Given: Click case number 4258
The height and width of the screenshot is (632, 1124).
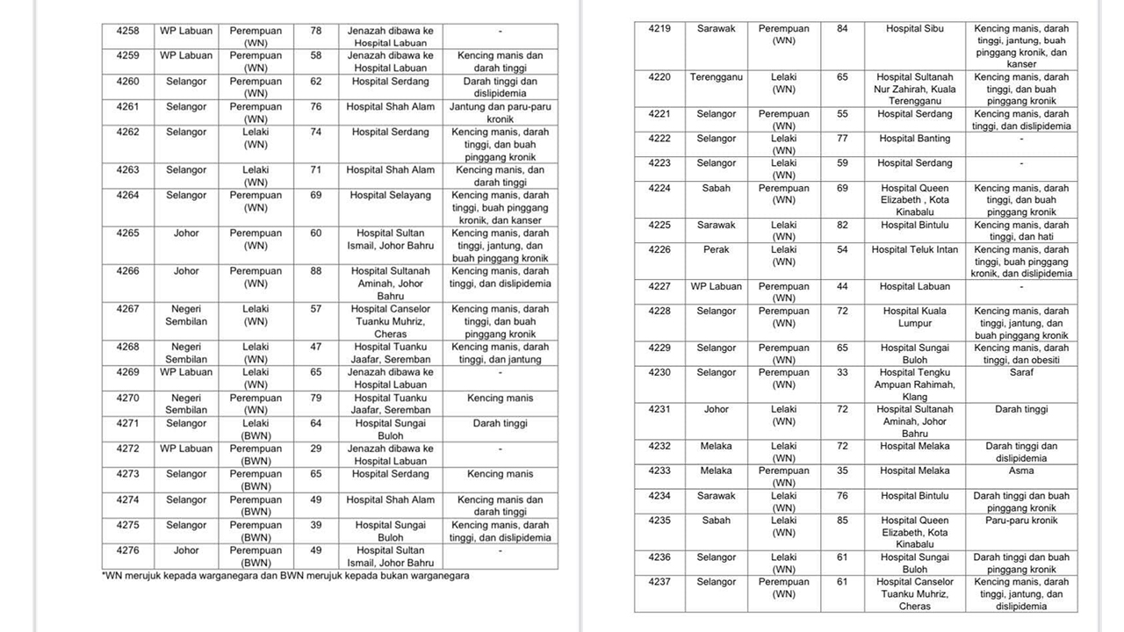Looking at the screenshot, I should point(127,31).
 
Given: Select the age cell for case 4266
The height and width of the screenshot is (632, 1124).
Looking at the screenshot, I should point(316,271).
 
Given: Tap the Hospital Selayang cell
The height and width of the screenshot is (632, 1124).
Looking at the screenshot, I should point(391,195).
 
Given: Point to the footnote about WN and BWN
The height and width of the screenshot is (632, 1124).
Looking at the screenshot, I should point(285,576).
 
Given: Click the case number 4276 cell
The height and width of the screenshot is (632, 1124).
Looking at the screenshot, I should point(127,550).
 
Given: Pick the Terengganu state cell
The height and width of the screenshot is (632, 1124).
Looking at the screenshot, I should point(716,77).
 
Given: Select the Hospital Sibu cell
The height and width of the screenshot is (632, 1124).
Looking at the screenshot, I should point(915,29).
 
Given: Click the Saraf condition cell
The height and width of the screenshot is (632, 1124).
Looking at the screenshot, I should point(1021,372).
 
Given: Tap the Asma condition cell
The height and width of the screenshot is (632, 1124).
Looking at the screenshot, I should point(1021,470).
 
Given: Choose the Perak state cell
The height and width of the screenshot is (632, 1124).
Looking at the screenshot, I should point(716,249).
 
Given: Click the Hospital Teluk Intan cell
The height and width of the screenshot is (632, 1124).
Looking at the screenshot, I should point(915,249).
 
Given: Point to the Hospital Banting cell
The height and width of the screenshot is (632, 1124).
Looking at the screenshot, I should point(915,139).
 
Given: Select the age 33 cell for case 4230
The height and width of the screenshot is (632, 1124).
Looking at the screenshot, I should point(842,372).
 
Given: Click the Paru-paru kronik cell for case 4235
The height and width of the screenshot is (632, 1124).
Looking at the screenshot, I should point(1021,521).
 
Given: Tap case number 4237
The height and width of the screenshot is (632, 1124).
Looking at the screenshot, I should point(659,582).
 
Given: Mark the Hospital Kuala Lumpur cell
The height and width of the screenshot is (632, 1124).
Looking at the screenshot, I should point(915,317).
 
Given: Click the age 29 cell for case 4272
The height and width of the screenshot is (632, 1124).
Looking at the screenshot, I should point(316,449).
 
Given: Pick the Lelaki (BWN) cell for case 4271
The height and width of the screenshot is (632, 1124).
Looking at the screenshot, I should point(256,428).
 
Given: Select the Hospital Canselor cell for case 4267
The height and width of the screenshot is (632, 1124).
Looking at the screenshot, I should point(391,321).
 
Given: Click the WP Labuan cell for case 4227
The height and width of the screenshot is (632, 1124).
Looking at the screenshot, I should point(716,286).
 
